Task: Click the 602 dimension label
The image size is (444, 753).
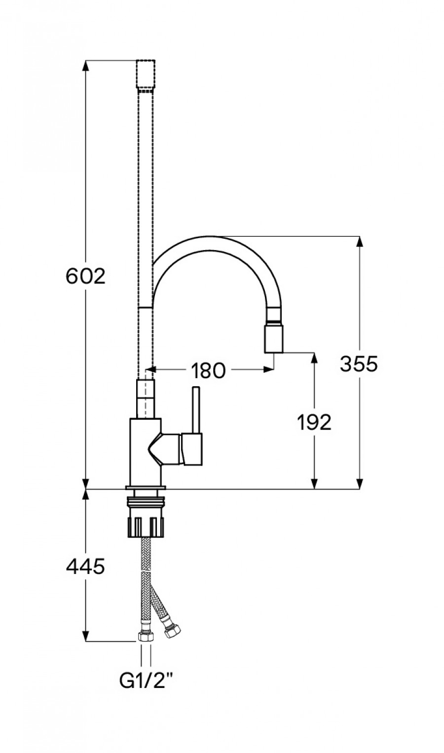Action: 85,276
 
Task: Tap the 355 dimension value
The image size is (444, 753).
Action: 359,363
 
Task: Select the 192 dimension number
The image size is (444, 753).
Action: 314,422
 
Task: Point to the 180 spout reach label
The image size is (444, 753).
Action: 208,370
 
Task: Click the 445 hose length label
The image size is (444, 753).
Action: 85,566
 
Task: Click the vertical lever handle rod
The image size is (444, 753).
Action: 196,410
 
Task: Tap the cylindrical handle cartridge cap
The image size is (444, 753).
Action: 192,449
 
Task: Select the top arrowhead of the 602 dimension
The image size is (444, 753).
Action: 86,65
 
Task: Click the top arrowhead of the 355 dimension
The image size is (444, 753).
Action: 359,242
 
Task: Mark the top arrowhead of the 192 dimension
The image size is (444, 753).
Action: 314,358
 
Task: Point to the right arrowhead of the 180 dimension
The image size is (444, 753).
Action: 268,369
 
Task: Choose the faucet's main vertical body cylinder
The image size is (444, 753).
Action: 146,452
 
